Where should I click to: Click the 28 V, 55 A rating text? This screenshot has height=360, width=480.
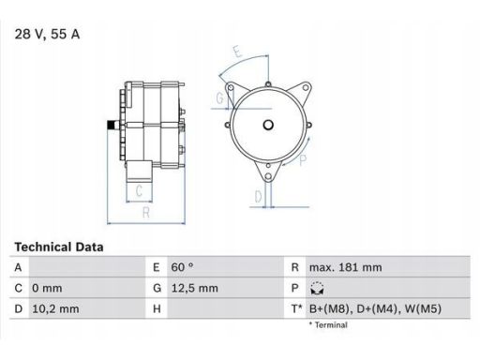coord(47,34)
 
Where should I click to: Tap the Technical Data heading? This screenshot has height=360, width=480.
coord(59,247)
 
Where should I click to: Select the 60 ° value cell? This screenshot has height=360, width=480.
coord(182,267)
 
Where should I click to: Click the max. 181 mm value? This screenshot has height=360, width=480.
coord(345,267)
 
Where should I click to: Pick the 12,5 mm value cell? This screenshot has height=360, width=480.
coord(194,288)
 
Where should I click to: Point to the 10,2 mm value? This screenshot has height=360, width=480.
coord(55,308)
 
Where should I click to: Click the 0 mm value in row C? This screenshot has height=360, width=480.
coord(47,288)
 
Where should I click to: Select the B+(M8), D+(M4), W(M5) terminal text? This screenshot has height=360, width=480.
coord(375,308)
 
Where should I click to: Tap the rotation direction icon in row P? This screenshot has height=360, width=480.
coord(317,289)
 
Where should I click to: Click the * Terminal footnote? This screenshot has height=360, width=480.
coord(328,325)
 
